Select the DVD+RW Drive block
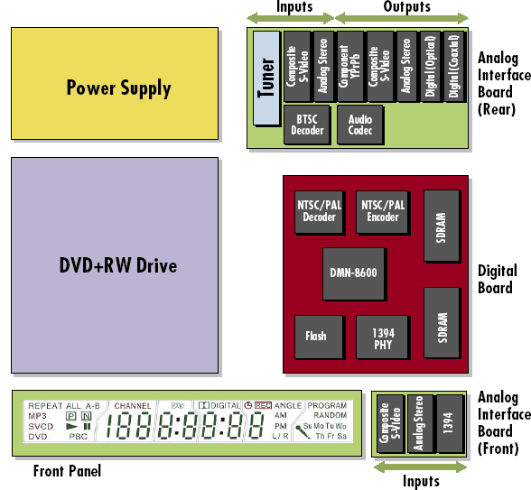point(115,265)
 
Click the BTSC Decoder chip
point(307,125)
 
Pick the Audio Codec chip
point(360,125)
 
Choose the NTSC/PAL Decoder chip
point(320,211)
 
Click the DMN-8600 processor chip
point(354,273)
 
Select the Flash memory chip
point(316,336)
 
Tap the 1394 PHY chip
point(382,336)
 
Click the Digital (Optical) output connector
point(431,67)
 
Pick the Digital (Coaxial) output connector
point(454,67)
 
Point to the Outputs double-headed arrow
point(402,18)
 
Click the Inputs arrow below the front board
point(419,467)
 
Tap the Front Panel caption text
point(67,471)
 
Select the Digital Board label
point(497,279)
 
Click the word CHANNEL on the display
point(132,406)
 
